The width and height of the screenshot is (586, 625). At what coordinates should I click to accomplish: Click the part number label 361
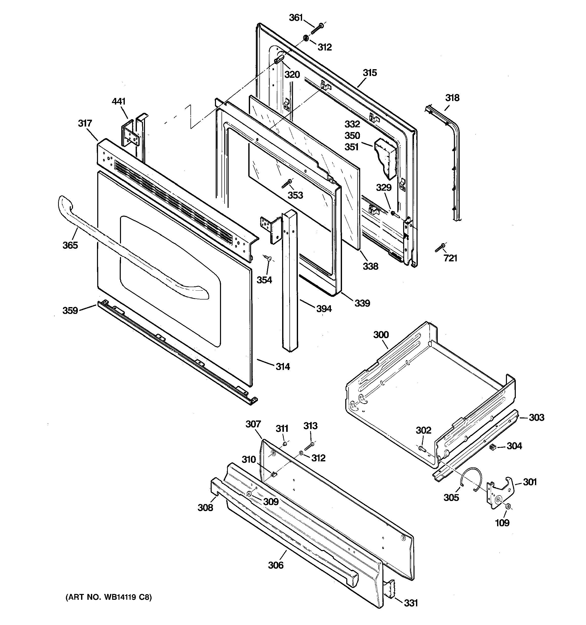coord(296,18)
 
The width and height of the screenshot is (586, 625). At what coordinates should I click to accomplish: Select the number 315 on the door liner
coord(370,73)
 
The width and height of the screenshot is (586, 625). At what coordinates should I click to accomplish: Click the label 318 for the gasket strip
coord(452,98)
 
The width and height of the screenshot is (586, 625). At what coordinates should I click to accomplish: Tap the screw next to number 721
coord(440,247)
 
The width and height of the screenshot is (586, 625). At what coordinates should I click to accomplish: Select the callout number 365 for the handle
coord(70,245)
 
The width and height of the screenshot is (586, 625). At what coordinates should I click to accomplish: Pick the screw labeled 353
coord(287,184)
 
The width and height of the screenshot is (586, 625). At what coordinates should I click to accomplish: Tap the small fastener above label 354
coord(268,258)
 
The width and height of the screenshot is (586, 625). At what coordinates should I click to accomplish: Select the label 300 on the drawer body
coord(381,335)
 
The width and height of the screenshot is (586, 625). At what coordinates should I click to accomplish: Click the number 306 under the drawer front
coord(276,565)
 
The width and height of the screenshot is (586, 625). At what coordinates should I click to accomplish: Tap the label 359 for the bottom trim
coord(70,311)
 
